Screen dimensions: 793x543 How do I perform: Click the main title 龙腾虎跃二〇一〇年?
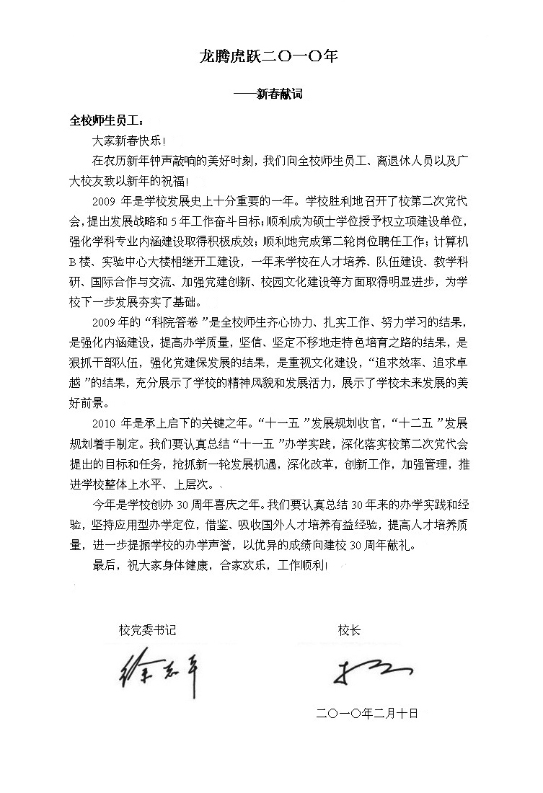pyautogui.click(x=268, y=56)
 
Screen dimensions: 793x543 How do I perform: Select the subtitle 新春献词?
pyautogui.click(x=279, y=93)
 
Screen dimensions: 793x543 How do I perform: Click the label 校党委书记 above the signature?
pyautogui.click(x=147, y=631)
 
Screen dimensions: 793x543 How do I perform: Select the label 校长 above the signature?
pyautogui.click(x=349, y=631)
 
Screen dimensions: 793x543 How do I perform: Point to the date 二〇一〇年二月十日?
pyautogui.click(x=367, y=713)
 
